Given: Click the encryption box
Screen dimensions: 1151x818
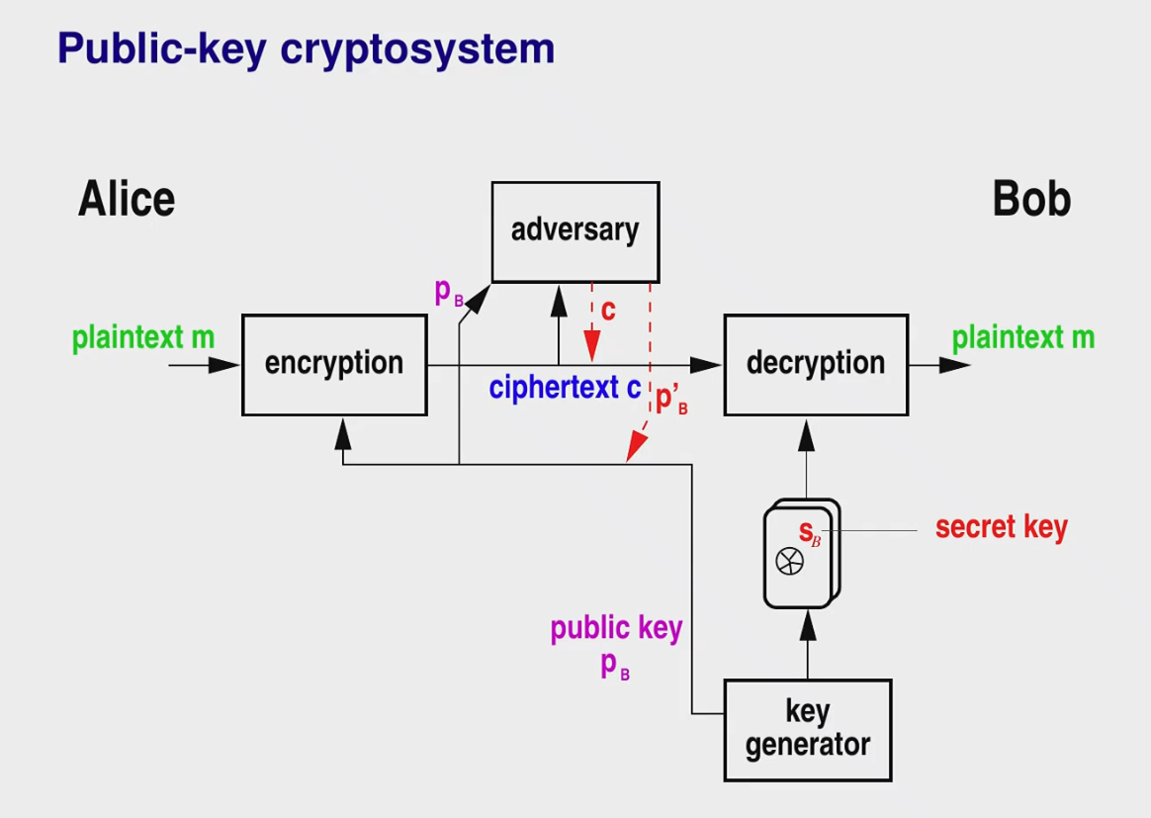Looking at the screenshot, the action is coord(335,365).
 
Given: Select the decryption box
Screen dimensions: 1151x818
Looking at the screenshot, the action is coord(816,365).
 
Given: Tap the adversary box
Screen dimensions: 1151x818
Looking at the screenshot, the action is coord(575,232).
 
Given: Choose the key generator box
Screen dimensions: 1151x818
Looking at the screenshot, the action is coord(808,730).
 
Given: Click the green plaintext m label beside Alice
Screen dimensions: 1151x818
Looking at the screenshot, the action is coord(143,338).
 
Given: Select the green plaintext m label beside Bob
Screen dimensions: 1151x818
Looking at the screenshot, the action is coord(1023,338).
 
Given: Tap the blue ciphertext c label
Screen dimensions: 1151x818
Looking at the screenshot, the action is coord(565,387).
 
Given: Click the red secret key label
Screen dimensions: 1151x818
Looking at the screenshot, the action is coord(1002,527).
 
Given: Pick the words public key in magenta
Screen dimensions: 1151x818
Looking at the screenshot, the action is coord(617,628).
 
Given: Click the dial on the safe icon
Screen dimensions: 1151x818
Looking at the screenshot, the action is coord(790,562).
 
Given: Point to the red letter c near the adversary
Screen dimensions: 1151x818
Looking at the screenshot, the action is coord(608,311).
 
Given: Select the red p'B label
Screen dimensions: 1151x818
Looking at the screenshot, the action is coord(671,400).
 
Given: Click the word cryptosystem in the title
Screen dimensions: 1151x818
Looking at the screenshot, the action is coord(417,49).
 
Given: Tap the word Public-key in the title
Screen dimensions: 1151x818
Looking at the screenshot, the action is coord(162,49).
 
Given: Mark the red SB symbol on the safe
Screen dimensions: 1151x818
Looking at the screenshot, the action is coord(810,532).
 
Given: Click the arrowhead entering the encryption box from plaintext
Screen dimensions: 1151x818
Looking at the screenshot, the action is coord(224,365).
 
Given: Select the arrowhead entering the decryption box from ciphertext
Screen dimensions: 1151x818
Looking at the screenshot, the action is coord(706,365).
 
